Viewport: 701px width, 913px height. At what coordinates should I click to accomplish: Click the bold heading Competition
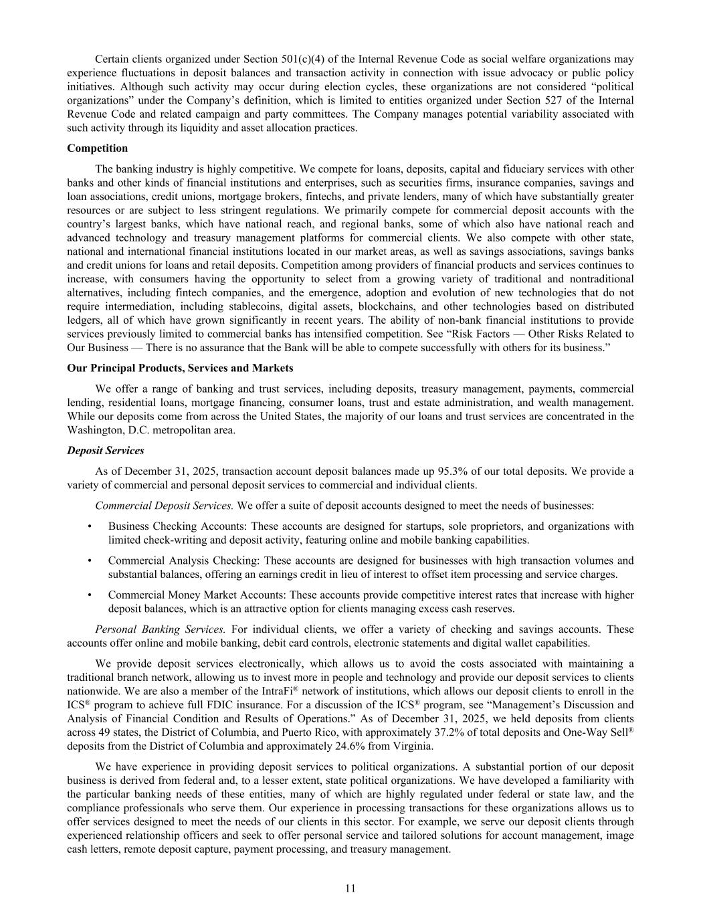pyautogui.click(x=97, y=148)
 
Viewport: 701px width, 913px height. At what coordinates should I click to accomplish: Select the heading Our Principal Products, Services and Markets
pyautogui.click(x=180, y=368)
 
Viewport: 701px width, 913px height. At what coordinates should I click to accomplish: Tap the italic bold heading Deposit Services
pyautogui.click(x=105, y=451)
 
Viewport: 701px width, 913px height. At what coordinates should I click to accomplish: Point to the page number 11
pyautogui.click(x=350, y=888)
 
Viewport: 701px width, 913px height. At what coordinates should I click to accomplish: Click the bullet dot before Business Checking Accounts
pyautogui.click(x=90, y=526)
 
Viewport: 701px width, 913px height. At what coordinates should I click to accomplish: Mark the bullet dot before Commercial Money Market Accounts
pyautogui.click(x=90, y=595)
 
